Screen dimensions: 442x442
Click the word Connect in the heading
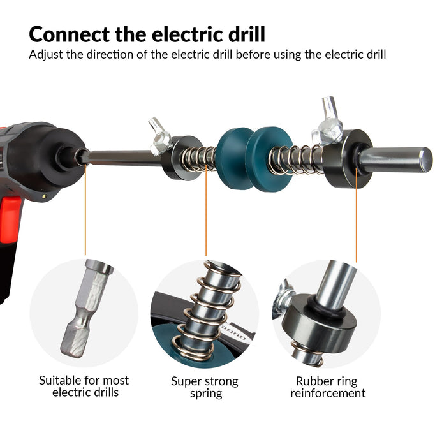tap(69, 34)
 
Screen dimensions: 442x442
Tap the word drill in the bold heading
tap(247, 34)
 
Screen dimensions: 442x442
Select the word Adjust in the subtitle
tap(46, 55)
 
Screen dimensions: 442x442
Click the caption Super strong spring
tap(205, 387)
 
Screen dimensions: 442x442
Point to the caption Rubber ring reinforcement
tap(328, 387)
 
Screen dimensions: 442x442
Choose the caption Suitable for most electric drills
tap(84, 387)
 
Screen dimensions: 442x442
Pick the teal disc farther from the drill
tap(267, 159)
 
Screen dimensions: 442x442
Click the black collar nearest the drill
tap(182, 158)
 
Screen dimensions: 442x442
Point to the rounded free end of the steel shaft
tap(425, 160)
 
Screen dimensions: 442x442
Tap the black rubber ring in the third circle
tap(324, 309)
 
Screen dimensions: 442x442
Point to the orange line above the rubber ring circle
tap(357, 215)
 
